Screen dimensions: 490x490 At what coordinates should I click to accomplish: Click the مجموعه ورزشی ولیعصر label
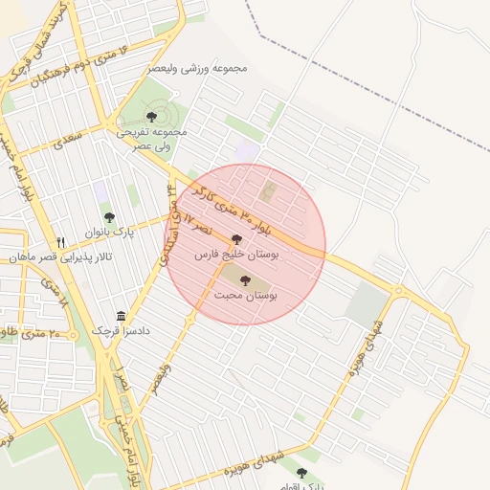(199, 69)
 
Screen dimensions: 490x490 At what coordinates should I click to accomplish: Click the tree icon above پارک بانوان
(109, 217)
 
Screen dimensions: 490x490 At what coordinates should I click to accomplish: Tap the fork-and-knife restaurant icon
(62, 242)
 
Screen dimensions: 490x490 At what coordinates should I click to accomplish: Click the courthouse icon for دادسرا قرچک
(121, 315)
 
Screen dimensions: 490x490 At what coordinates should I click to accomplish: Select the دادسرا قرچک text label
(122, 330)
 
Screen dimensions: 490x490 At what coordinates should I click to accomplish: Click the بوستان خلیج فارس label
(235, 256)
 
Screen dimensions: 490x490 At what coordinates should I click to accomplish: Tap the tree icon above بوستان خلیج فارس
(236, 240)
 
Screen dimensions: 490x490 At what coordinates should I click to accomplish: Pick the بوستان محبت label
(247, 298)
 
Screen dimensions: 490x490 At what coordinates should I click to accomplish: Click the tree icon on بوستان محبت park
(245, 280)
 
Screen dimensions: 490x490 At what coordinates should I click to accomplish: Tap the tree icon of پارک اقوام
(301, 473)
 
